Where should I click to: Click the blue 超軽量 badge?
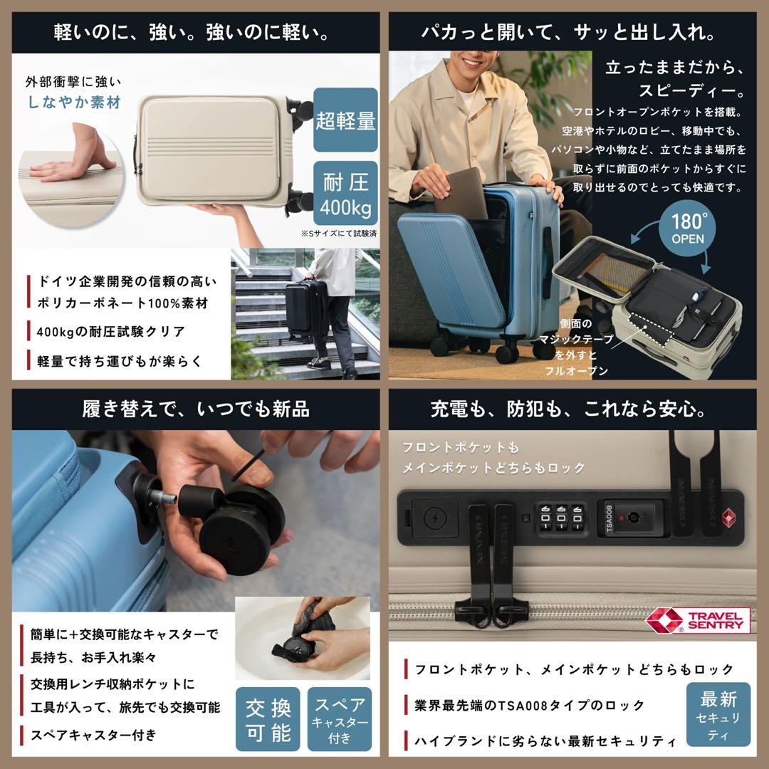[x=345, y=121]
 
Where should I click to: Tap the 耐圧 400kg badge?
[x=345, y=192]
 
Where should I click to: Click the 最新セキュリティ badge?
[x=718, y=715]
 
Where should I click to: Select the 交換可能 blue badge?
[x=268, y=719]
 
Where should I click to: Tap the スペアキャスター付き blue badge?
[x=340, y=719]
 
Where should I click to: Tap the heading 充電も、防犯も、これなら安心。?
[x=577, y=409]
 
